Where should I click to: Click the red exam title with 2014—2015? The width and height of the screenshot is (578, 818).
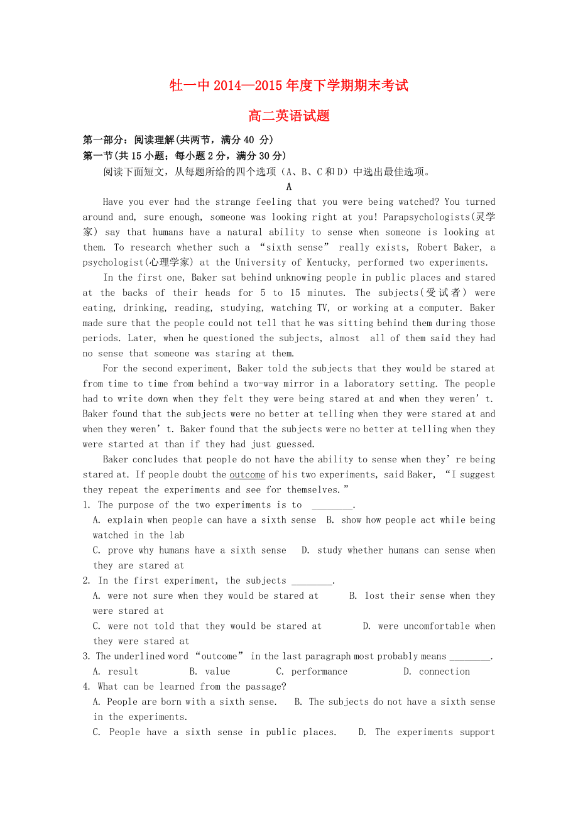pyautogui.click(x=289, y=85)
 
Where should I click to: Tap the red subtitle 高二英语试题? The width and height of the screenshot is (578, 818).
pyautogui.click(x=289, y=116)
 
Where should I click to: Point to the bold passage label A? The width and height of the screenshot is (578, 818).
pyautogui.click(x=289, y=187)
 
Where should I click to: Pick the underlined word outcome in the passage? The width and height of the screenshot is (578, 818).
pyautogui.click(x=247, y=475)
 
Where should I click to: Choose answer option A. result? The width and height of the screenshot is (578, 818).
pyautogui.click(x=116, y=672)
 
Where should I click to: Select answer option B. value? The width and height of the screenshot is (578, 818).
pyautogui.click(x=210, y=672)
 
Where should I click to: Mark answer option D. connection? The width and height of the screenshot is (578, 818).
pyautogui.click(x=437, y=672)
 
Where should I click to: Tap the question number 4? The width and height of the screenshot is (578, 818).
pyautogui.click(x=85, y=687)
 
